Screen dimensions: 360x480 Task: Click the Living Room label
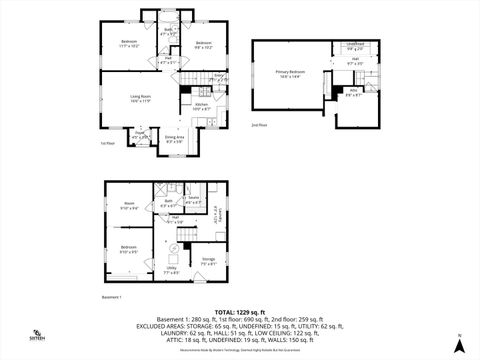(x=139, y=98)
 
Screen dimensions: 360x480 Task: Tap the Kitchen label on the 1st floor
(x=199, y=106)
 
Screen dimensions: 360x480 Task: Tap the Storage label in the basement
(x=208, y=262)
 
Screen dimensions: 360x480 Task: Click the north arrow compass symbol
(x=458, y=343)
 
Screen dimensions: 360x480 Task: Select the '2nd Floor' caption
(x=259, y=124)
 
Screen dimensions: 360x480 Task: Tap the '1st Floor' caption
(x=107, y=143)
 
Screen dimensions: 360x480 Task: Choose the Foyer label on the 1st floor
(x=141, y=134)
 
